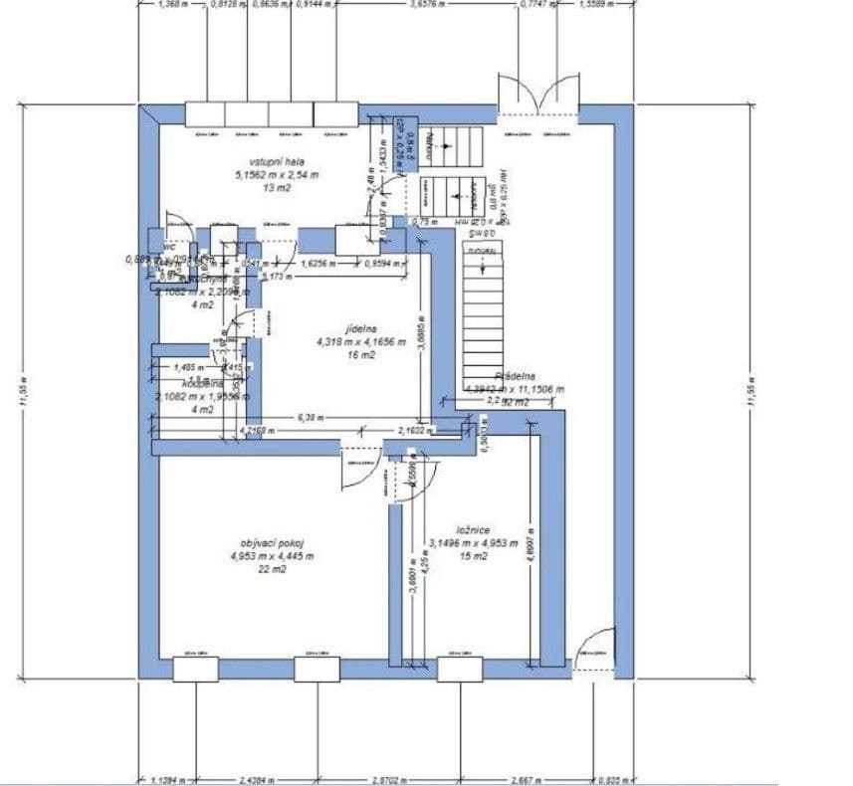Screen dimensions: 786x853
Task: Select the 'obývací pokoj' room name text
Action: tap(272, 542)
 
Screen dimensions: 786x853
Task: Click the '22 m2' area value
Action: tap(272, 570)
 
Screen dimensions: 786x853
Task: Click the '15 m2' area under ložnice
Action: tap(473, 557)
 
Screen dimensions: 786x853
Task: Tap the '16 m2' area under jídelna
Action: tap(361, 354)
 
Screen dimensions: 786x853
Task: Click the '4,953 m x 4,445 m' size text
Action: tap(272, 556)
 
